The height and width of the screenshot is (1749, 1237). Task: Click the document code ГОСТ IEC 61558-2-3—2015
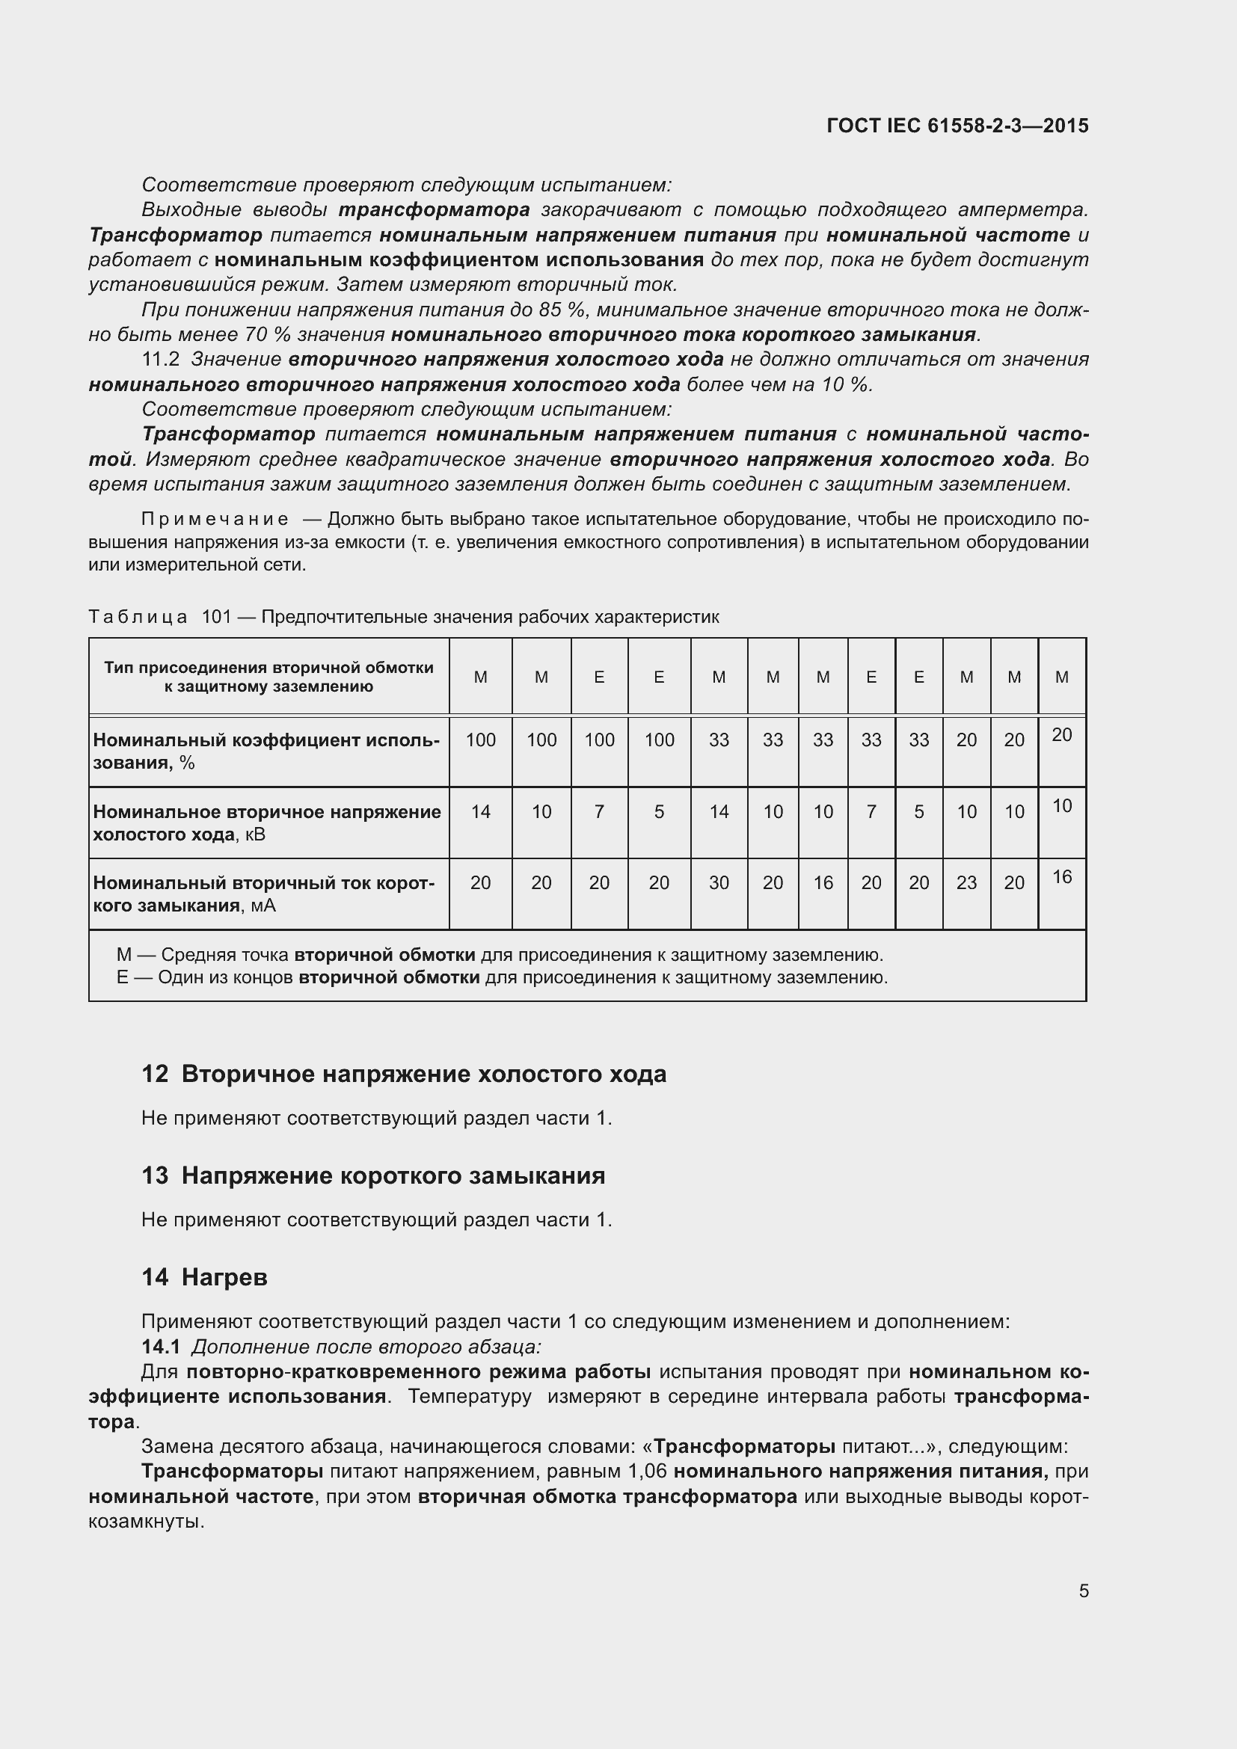tap(957, 126)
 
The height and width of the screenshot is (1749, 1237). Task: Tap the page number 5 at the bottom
tap(1083, 1590)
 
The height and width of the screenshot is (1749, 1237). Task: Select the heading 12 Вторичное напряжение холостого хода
tap(404, 1074)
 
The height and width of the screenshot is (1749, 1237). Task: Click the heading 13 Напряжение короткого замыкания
tap(373, 1175)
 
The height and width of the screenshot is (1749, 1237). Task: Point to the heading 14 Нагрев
tap(204, 1276)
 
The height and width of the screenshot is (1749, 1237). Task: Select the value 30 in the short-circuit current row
tap(718, 883)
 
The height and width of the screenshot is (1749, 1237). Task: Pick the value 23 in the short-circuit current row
tap(966, 883)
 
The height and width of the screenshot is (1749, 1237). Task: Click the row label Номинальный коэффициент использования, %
tap(265, 751)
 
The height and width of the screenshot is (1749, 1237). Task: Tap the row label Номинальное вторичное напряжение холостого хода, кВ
tap(265, 823)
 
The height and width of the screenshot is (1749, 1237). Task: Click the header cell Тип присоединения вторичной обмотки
tap(268, 677)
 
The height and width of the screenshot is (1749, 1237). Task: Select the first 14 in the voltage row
tap(480, 812)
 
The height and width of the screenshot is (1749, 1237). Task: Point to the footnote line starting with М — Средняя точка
tap(499, 955)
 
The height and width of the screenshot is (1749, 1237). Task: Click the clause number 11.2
tap(160, 360)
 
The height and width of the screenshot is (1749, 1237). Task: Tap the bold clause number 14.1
tap(161, 1347)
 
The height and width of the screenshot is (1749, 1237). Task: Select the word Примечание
tap(215, 520)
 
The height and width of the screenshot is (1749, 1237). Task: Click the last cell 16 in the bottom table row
tap(1062, 878)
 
